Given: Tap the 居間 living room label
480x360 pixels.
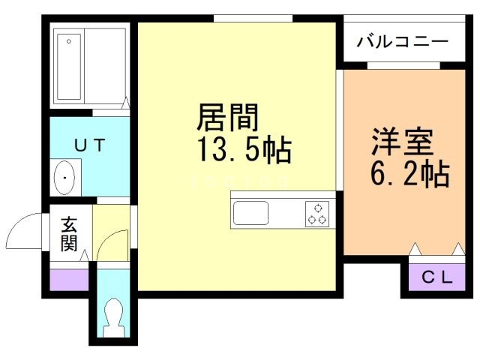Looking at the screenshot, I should coord(228,118).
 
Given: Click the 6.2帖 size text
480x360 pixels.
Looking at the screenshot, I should coord(409,175).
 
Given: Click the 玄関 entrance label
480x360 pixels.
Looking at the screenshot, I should coord(70,234).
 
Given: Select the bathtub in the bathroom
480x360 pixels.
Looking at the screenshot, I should coord(68,66).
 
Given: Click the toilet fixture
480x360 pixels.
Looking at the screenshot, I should coord(114,314).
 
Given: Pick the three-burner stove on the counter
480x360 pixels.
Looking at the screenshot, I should coord(317,213).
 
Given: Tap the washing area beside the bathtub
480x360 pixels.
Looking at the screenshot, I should coord(106,66).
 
